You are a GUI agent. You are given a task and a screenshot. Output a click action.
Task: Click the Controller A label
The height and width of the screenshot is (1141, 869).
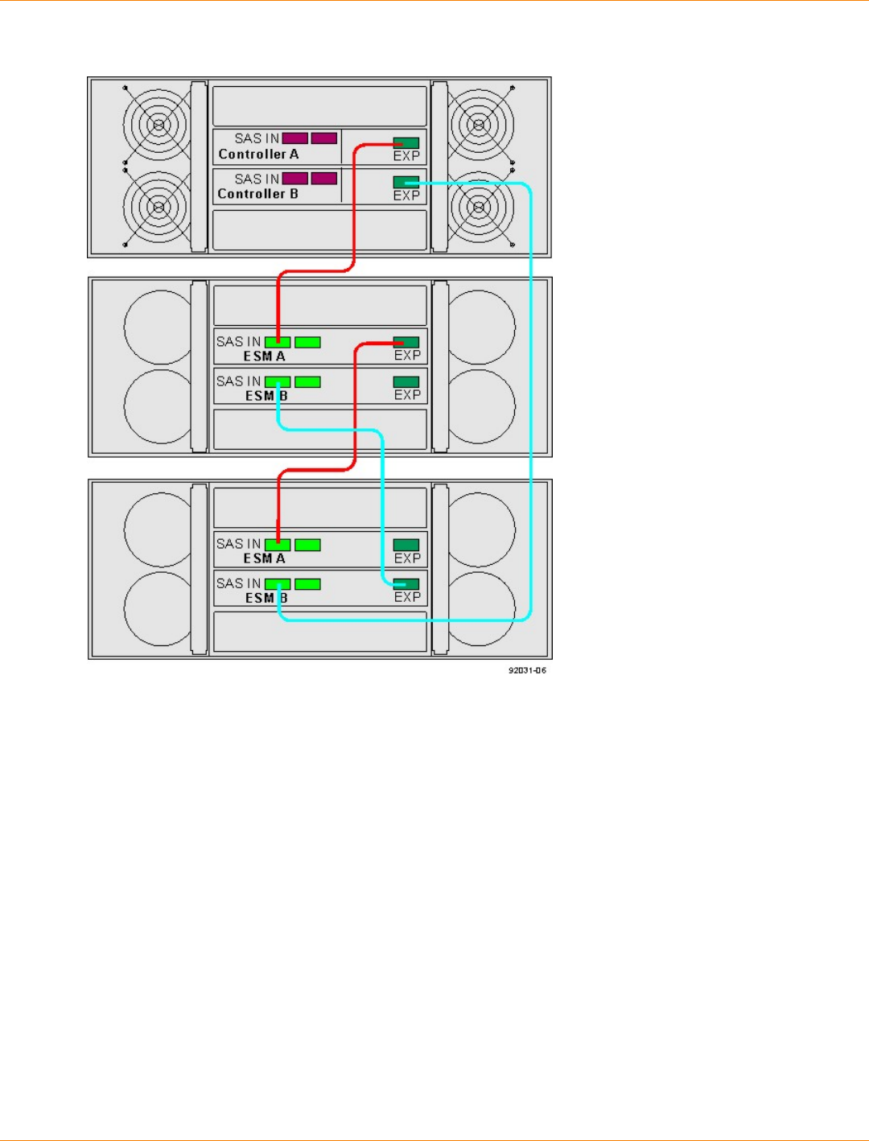click(258, 154)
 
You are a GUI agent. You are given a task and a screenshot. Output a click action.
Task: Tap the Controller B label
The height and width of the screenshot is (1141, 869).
click(257, 194)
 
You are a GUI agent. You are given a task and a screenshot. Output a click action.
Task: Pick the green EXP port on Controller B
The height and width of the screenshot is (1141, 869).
click(406, 181)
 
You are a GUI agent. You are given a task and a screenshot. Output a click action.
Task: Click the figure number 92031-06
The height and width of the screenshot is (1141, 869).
click(527, 670)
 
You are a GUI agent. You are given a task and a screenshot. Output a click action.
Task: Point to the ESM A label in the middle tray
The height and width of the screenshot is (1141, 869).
click(264, 356)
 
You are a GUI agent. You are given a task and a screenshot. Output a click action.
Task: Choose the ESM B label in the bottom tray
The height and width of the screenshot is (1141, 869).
click(266, 598)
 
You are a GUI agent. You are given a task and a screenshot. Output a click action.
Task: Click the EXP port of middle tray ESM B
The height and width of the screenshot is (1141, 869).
click(406, 381)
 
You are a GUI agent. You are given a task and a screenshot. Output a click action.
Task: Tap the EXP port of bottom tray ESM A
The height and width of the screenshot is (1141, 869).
click(406, 545)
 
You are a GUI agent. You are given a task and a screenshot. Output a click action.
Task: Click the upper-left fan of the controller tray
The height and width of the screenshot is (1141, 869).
click(159, 125)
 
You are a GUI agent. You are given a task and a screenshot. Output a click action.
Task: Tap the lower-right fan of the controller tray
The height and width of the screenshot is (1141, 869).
click(480, 207)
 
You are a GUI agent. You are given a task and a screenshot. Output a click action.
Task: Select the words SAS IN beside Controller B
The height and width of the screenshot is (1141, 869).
click(257, 179)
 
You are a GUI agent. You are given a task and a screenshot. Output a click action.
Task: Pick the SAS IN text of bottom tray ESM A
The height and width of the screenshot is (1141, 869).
click(238, 544)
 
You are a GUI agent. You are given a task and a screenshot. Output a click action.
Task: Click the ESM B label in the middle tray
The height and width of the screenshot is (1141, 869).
click(266, 396)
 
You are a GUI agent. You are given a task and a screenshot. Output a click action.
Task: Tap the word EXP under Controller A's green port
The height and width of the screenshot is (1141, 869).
click(406, 156)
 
